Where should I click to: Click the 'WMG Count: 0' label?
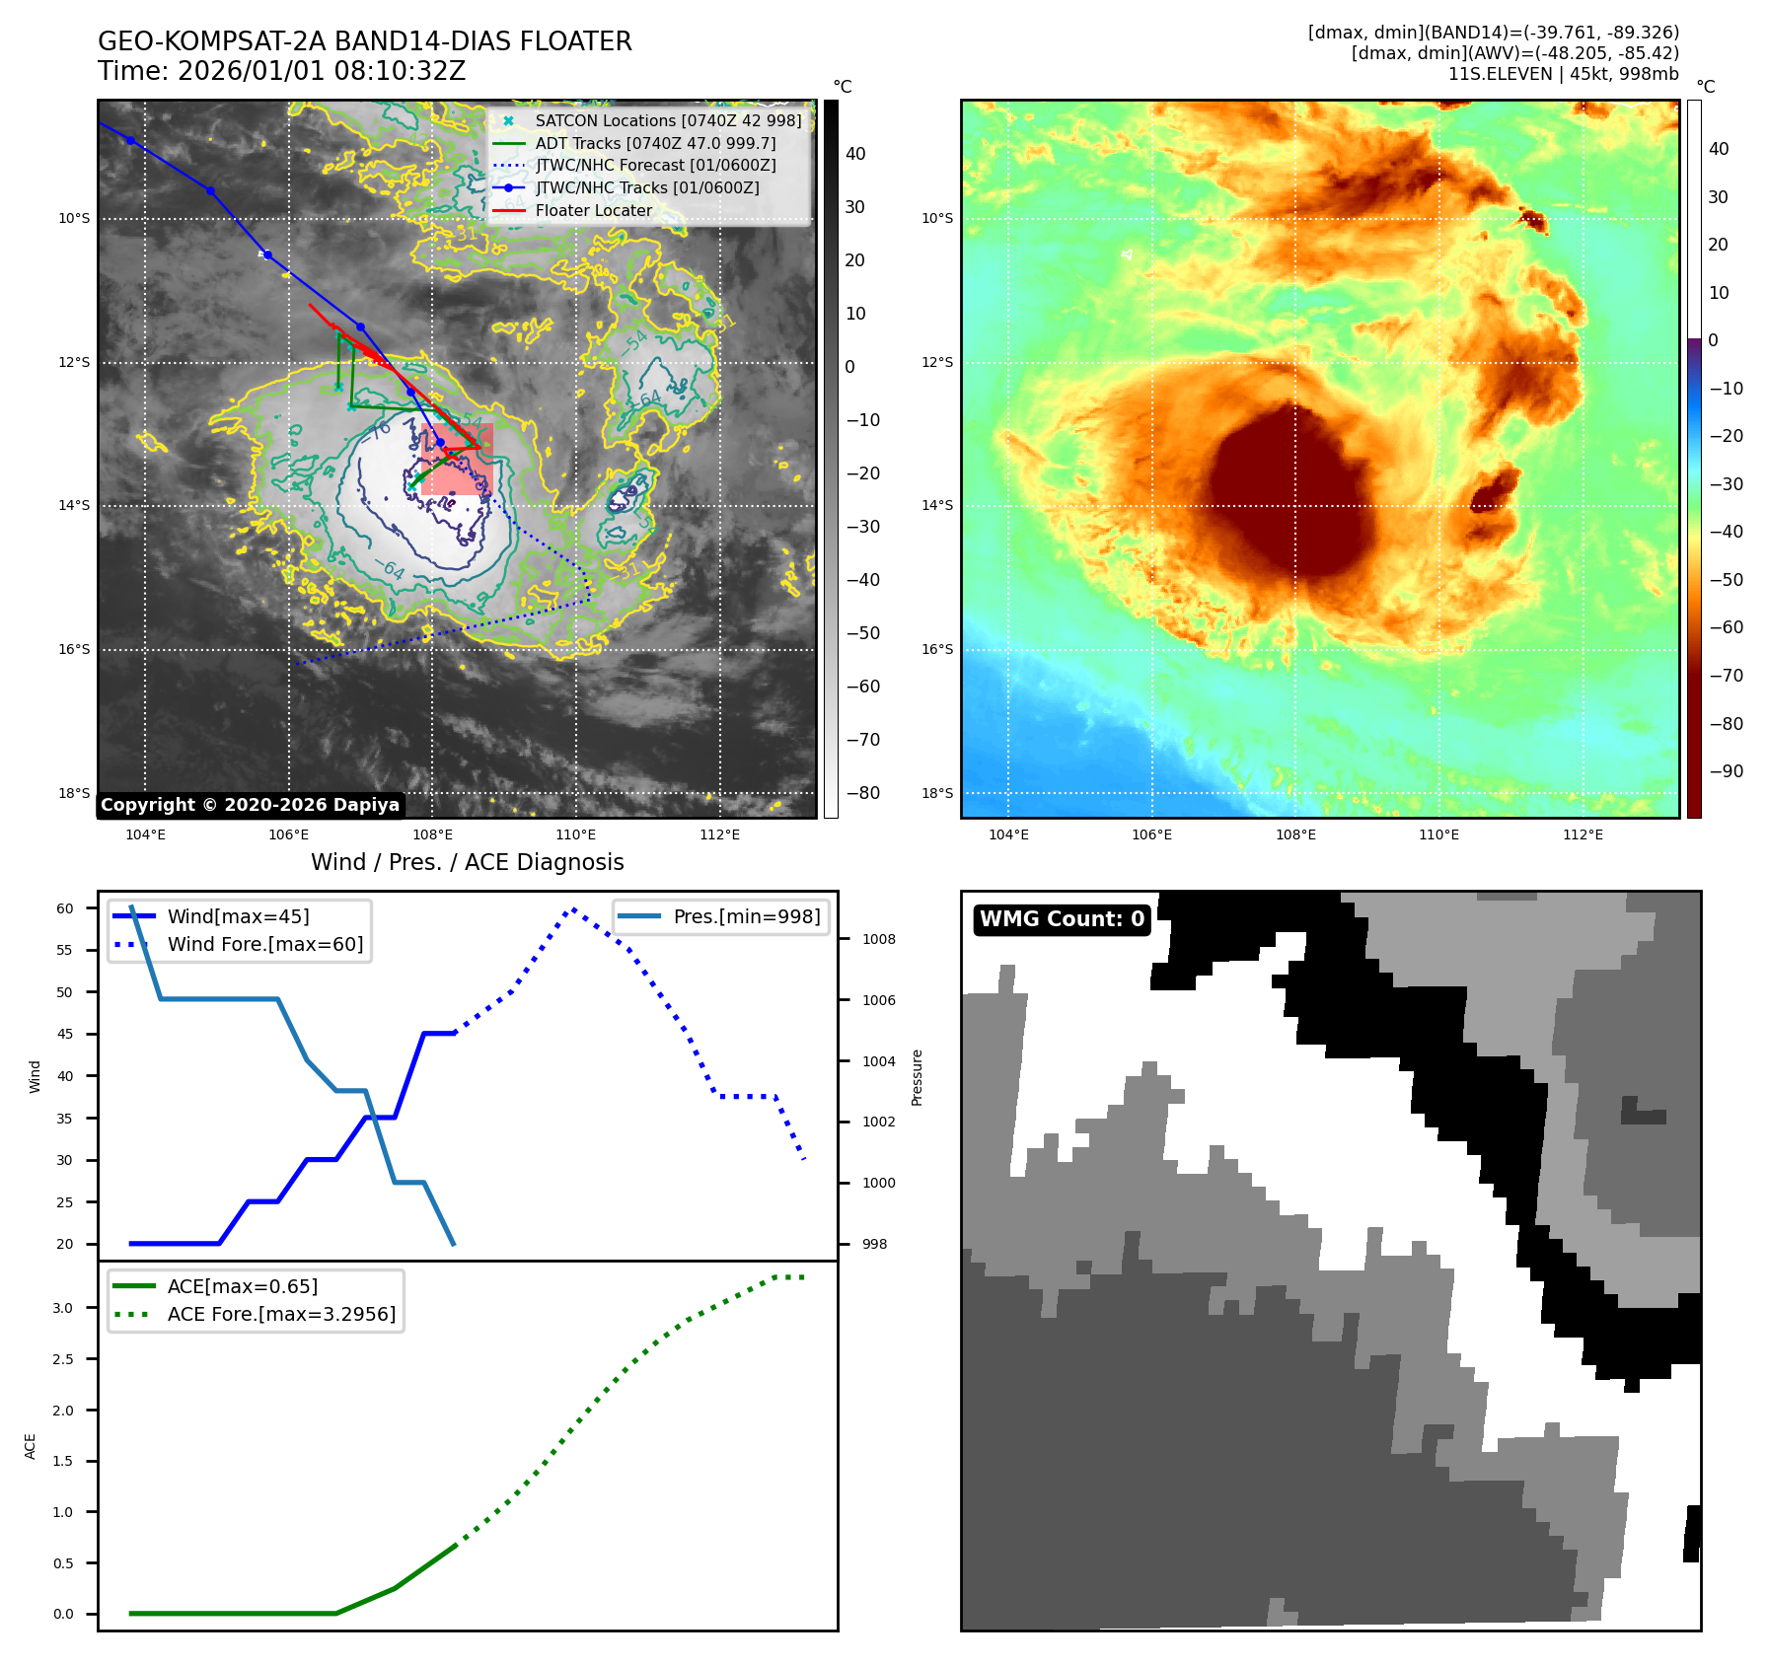pos(1062,919)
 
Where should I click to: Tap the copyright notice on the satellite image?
pos(250,805)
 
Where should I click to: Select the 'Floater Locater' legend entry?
pos(593,210)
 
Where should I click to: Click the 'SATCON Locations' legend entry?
pos(668,120)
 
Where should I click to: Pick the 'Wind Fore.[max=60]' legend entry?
pos(264,944)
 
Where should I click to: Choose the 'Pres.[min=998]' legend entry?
pos(746,916)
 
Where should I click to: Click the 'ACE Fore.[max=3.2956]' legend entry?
pos(281,1314)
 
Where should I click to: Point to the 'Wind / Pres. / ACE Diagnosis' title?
pos(467,862)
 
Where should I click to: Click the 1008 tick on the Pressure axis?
pos(878,939)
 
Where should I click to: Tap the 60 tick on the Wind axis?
pos(65,908)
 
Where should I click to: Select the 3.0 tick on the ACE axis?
pos(63,1308)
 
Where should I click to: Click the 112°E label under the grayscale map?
pos(719,834)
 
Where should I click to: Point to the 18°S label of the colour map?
pos(937,793)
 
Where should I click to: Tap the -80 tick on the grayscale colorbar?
pos(862,793)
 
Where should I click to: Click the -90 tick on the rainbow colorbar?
pos(1726,771)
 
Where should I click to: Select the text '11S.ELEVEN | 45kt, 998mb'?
pos(1563,74)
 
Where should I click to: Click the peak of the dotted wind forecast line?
pos(573,908)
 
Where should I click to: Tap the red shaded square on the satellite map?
pos(457,459)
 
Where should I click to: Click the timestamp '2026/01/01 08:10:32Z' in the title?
pos(321,71)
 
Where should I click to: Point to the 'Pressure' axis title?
pos(917,1077)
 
